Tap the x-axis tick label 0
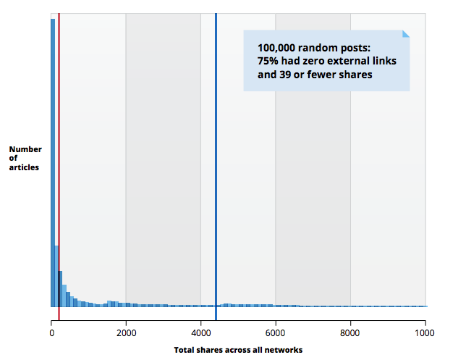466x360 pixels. point(52,333)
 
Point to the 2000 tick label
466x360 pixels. point(126,333)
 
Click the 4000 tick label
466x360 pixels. point(200,333)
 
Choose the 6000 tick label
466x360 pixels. point(275,333)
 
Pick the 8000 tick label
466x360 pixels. point(349,333)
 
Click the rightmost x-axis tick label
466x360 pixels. point(424,333)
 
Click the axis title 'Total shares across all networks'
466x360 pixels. point(238,350)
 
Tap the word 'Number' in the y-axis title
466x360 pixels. point(25,150)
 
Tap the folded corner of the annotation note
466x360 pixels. point(405,34)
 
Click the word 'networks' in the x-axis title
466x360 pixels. point(284,350)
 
